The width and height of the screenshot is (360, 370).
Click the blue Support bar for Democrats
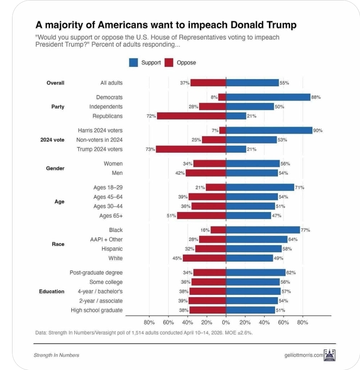click(x=268, y=97)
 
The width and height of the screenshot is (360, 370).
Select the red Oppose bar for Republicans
click(x=191, y=116)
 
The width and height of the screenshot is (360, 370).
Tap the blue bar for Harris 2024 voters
click(x=269, y=130)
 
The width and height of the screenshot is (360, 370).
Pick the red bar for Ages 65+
click(x=202, y=216)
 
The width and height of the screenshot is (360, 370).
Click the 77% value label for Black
click(x=305, y=230)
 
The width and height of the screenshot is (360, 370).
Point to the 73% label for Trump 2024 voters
click(x=150, y=149)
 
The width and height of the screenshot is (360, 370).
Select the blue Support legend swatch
click(x=134, y=63)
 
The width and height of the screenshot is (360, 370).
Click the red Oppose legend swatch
click(x=169, y=63)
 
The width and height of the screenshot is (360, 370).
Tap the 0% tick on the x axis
click(x=226, y=322)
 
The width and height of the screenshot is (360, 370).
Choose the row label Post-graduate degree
click(x=96, y=273)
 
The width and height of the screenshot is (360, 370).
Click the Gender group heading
click(x=56, y=168)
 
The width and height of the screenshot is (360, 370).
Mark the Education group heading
click(x=51, y=291)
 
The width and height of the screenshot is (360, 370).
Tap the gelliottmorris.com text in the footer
click(x=304, y=355)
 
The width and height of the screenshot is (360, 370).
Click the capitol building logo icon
click(x=329, y=355)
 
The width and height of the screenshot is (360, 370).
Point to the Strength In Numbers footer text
click(x=56, y=355)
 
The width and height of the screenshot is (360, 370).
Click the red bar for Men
click(x=206, y=173)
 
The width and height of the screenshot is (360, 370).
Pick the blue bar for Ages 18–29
click(x=260, y=187)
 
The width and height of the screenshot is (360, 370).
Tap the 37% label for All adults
click(x=185, y=83)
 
